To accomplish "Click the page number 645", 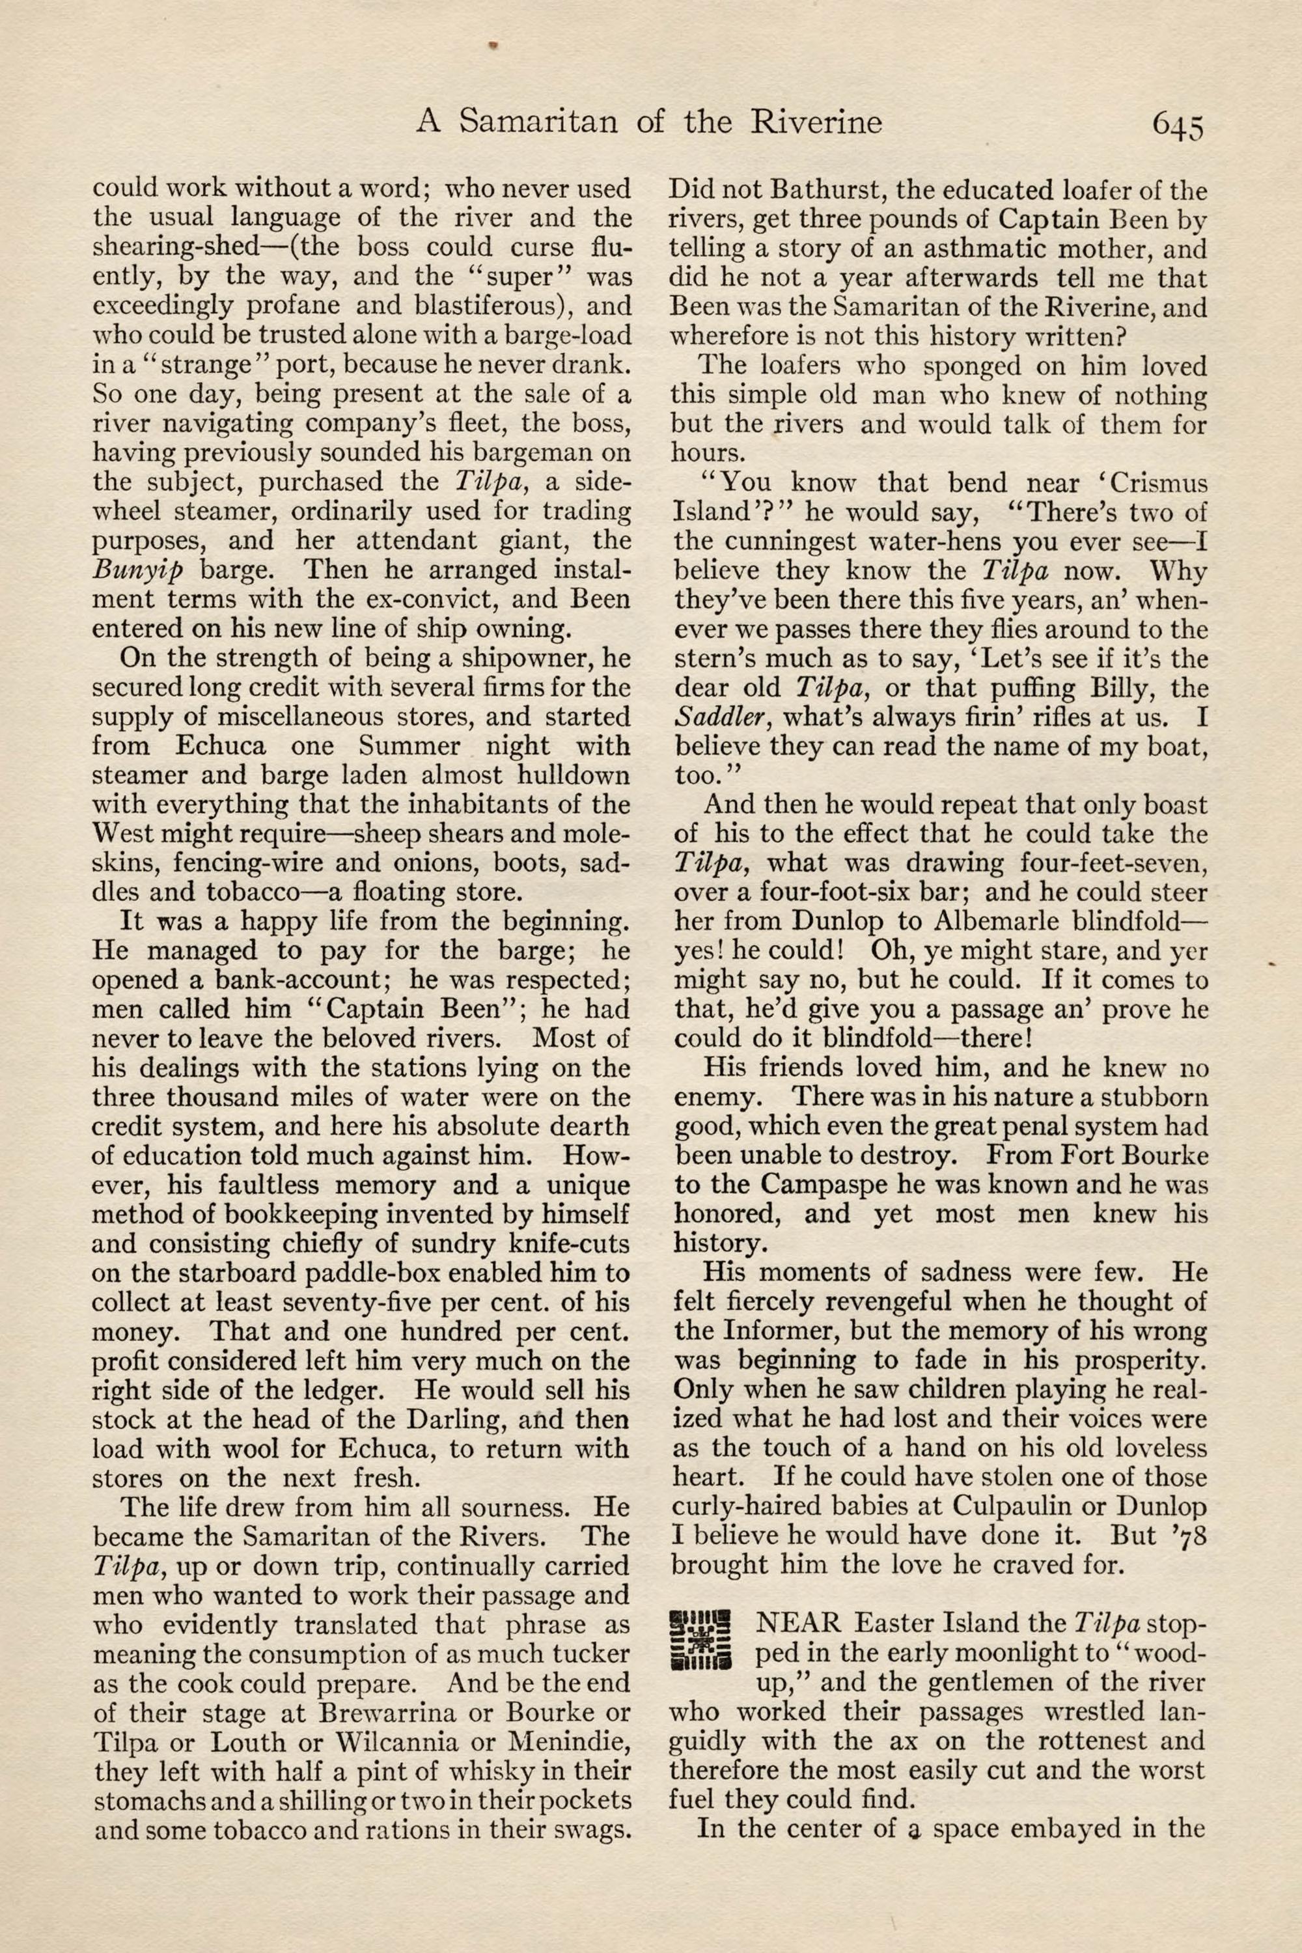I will point(1176,126).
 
